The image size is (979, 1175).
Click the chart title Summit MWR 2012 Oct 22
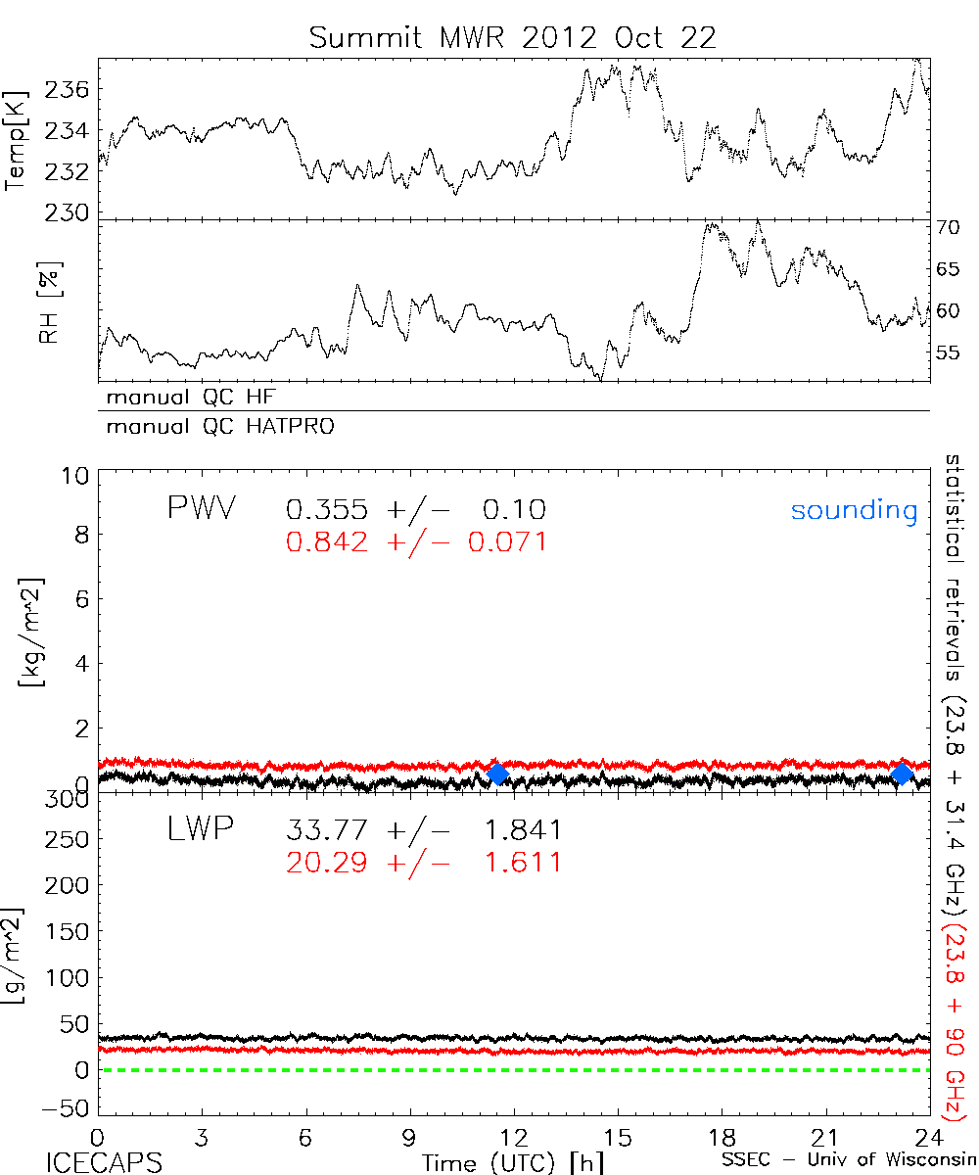513,37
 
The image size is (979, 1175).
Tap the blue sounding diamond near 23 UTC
902,774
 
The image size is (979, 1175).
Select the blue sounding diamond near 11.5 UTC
497,774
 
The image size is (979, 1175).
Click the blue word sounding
854,510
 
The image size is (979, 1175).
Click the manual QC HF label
185,397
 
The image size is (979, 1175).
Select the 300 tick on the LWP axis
67,800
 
